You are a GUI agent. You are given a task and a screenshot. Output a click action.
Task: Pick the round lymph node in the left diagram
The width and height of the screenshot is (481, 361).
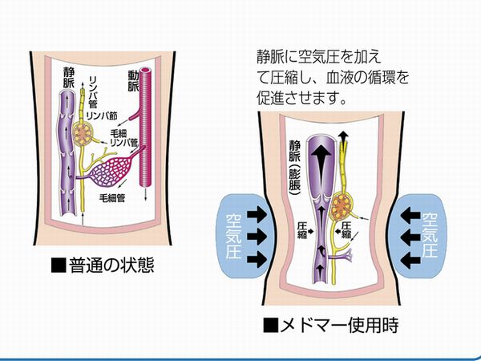(x=83, y=128)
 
